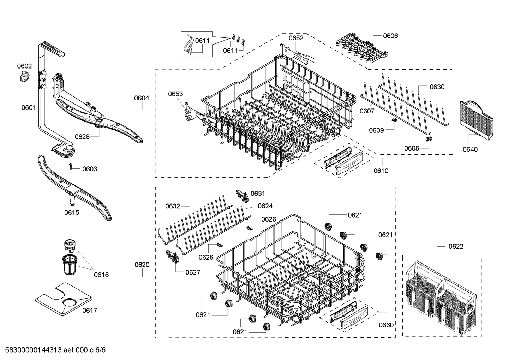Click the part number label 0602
point(24,66)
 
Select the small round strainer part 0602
point(24,77)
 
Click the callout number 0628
point(82,137)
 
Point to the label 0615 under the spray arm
point(72,212)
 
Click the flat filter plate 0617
point(64,299)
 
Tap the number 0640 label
point(470,149)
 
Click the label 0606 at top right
point(390,36)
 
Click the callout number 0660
point(386,325)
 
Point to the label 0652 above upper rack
point(296,38)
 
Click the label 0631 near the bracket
point(258,194)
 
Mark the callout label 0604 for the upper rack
point(141,98)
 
